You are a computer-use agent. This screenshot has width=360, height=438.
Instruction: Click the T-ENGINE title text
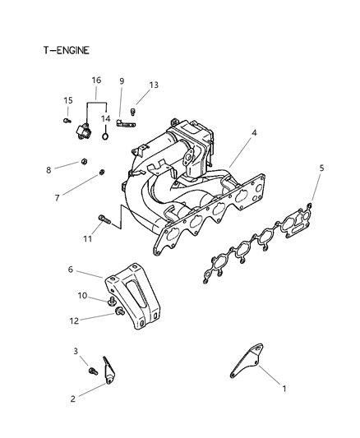tap(67, 51)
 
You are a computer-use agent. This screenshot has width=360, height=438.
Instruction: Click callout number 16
tap(96, 81)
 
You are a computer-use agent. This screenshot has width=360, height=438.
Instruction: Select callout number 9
tap(122, 81)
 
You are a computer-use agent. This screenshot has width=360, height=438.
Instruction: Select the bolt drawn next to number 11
tap(104, 219)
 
